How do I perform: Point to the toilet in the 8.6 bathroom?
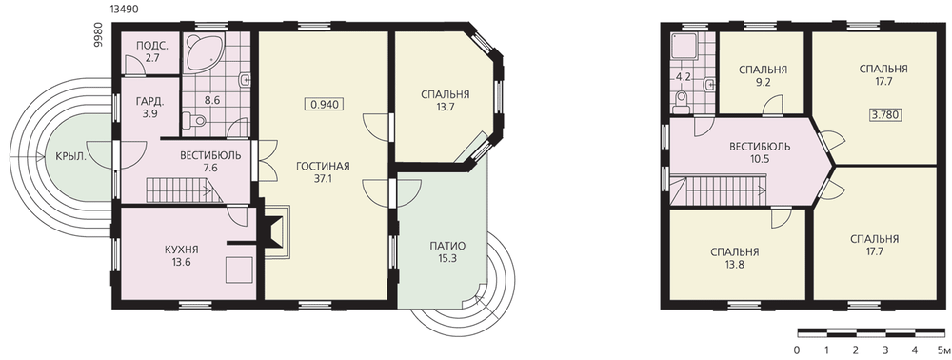click(x=195, y=121)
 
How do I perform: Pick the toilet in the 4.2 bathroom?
click(x=682, y=103)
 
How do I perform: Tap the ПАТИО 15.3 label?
click(x=447, y=251)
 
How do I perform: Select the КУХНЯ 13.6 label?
click(x=182, y=255)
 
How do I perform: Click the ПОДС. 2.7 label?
click(x=148, y=52)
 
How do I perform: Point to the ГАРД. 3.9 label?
click(x=148, y=107)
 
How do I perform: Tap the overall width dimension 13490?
click(x=123, y=10)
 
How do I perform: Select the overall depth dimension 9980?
click(x=99, y=36)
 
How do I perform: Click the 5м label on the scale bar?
click(x=942, y=350)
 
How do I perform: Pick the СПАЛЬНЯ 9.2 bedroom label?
click(x=763, y=76)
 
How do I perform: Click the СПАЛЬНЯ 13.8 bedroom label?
click(x=735, y=258)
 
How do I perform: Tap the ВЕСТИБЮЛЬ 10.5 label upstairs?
click(x=760, y=153)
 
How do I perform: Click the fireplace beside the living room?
click(x=276, y=232)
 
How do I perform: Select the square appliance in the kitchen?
click(x=239, y=270)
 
